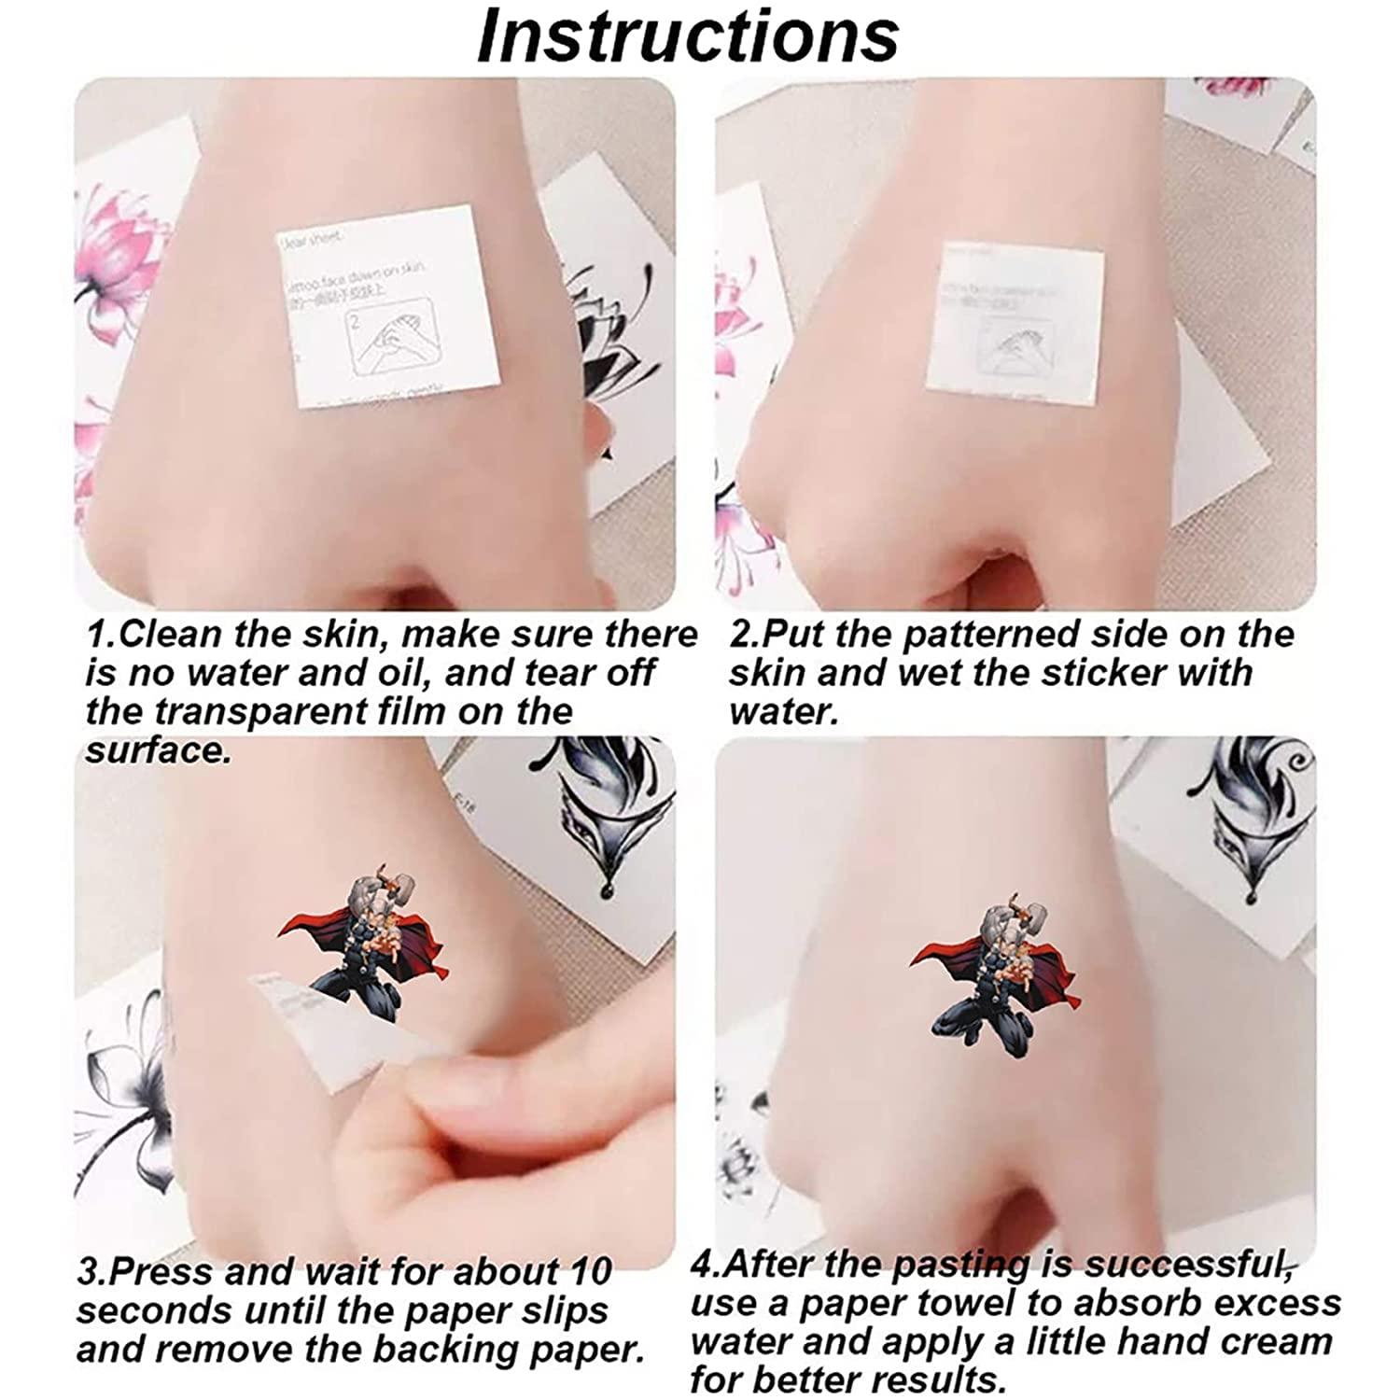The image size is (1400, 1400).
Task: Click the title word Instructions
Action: point(688,37)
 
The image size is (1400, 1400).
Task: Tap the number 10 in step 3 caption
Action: point(582,1271)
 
